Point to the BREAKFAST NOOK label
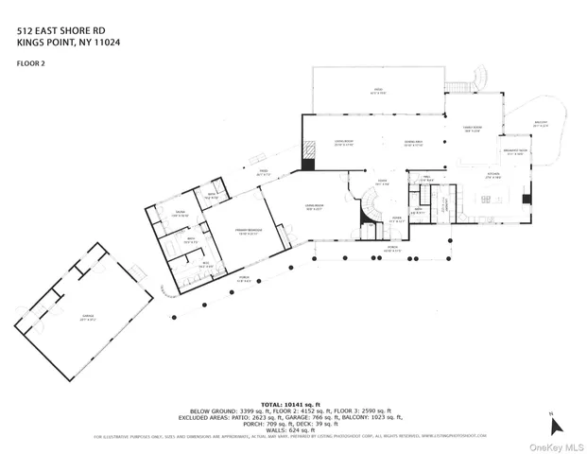pos(515,151)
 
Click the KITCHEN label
pos(492,175)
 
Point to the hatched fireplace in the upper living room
pos(307,151)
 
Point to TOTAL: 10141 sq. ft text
pos(305,403)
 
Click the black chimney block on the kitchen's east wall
pos(527,199)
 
